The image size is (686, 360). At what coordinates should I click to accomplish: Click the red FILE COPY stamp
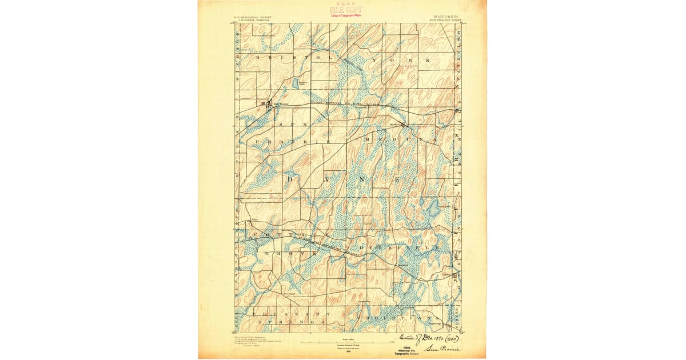pos(345,10)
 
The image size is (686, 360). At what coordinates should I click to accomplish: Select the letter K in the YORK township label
pos(426,60)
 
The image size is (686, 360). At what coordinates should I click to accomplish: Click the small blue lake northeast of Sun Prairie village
pos(295,83)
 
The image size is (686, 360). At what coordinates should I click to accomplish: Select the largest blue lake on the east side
pos(434,208)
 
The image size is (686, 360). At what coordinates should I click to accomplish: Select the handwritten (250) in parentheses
pos(450,338)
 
